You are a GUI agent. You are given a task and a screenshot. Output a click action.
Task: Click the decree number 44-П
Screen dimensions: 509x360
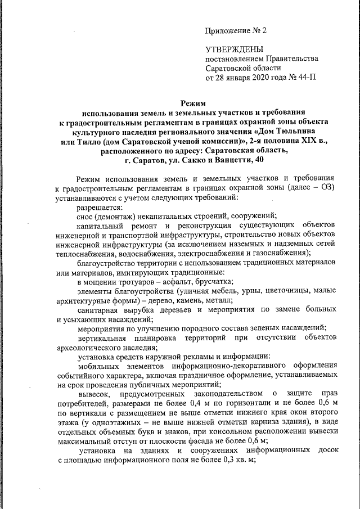click(x=306, y=78)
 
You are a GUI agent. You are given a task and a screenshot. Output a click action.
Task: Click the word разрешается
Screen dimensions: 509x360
click(x=101, y=208)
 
